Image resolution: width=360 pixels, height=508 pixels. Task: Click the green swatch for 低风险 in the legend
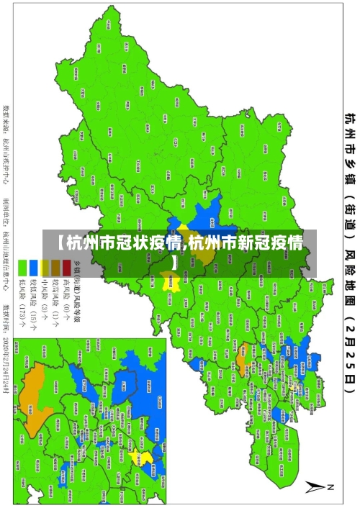22,246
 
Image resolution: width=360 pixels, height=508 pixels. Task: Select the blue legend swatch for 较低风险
33,246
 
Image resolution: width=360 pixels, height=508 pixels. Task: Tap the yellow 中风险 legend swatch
45,246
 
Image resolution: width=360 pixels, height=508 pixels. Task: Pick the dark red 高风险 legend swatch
66,246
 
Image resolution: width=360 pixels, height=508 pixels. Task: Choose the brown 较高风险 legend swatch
55,246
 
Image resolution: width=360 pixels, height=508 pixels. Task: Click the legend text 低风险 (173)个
22,284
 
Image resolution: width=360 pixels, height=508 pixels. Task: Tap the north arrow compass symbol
318,487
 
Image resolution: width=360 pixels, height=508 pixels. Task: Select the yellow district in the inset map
146,458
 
